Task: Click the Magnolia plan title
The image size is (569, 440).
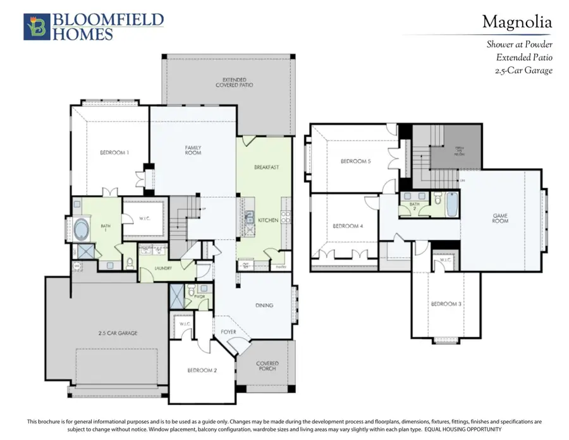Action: (517, 22)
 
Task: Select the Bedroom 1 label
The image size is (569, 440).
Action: (114, 153)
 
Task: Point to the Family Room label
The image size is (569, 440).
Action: (193, 150)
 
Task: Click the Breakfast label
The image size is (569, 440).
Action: (266, 167)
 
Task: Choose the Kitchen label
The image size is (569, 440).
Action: (268, 220)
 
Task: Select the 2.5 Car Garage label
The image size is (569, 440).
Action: (118, 333)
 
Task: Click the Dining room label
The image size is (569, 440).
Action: (264, 305)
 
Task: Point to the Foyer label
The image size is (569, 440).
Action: (228, 331)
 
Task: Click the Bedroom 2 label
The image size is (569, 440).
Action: (202, 370)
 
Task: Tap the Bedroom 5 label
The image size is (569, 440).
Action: (355, 161)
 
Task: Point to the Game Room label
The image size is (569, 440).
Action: (500, 218)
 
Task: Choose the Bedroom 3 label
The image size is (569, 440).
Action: (446, 304)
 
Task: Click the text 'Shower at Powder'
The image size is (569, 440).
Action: (519, 44)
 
